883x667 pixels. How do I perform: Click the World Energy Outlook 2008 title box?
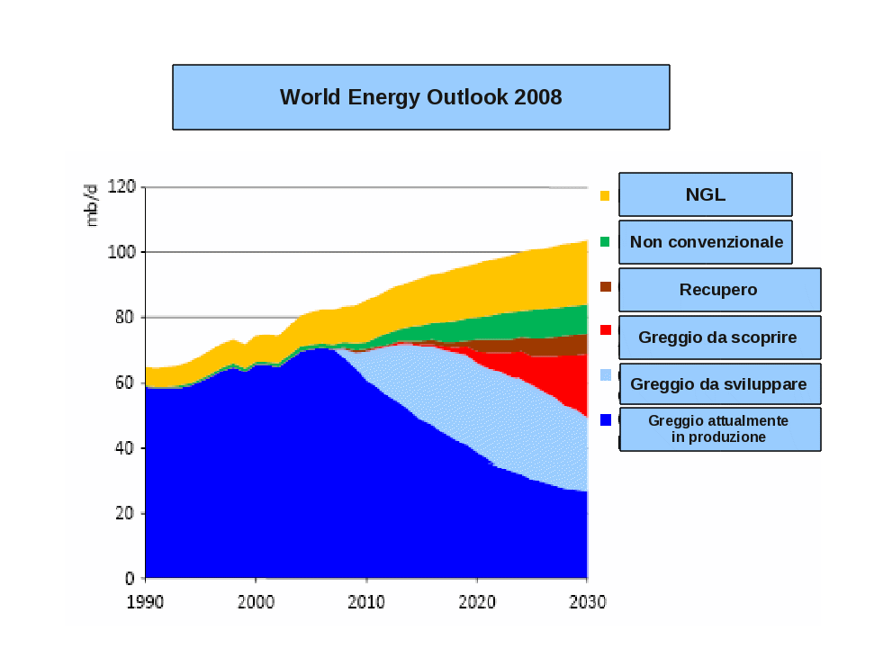[x=420, y=97]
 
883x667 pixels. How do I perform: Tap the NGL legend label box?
[x=705, y=194]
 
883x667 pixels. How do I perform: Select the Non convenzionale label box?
[x=706, y=242]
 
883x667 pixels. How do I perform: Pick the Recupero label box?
[x=718, y=290]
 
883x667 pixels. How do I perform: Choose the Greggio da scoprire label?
[x=718, y=338]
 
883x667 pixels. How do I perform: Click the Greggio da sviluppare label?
[x=718, y=384]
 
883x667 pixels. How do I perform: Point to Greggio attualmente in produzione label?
[x=718, y=429]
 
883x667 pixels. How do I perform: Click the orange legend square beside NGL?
[x=605, y=194]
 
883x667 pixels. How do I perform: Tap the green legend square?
[x=605, y=241]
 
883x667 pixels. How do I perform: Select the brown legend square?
[x=605, y=287]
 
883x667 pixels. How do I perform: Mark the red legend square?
[x=605, y=330]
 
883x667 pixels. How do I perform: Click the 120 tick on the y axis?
[x=121, y=186]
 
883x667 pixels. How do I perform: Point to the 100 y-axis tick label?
[x=121, y=252]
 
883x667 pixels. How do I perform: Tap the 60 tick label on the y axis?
[x=124, y=383]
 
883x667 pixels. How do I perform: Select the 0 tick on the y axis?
[x=130, y=578]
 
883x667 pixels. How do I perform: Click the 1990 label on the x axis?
[x=145, y=601]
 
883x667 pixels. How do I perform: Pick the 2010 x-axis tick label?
[x=366, y=601]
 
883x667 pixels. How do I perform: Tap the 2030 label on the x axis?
[x=587, y=601]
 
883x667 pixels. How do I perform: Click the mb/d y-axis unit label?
[x=91, y=204]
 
